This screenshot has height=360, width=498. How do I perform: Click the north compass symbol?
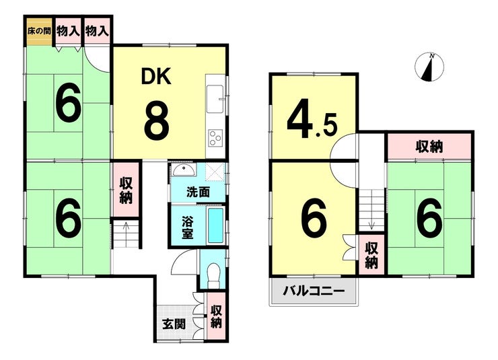click(427, 67)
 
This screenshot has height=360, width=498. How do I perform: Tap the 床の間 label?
click(38, 30)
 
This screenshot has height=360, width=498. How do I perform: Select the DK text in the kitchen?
click(156, 77)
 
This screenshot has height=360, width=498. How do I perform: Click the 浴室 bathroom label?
click(190, 226)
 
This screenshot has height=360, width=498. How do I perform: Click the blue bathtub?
click(215, 225)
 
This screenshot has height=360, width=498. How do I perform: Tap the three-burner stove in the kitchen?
click(216, 139)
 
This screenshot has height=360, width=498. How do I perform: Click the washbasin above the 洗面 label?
click(181, 170)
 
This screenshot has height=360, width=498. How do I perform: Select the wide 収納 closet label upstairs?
click(428, 147)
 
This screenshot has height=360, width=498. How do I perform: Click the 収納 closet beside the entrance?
click(216, 317)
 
